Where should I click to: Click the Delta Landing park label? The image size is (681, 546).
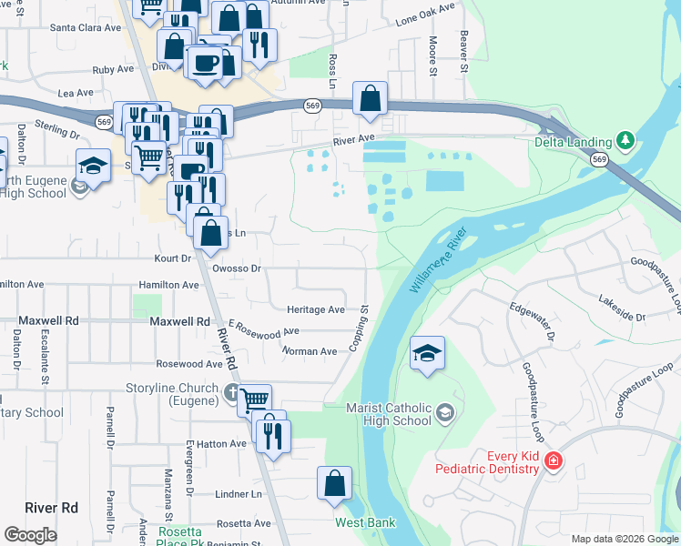point(572,141)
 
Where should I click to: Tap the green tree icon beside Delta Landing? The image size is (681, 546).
point(625,140)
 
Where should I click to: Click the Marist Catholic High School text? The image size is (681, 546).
point(389,415)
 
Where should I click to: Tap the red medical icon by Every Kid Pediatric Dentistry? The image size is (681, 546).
point(552,461)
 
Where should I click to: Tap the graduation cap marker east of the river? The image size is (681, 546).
point(427,353)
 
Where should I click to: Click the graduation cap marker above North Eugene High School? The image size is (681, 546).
point(92,166)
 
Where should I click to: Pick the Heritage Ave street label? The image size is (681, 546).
point(316,309)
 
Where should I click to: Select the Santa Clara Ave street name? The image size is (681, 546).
point(86,27)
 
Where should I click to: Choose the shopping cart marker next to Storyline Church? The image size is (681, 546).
point(255,399)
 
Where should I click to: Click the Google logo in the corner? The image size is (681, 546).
point(30,535)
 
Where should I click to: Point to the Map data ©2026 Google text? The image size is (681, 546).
point(624,539)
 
